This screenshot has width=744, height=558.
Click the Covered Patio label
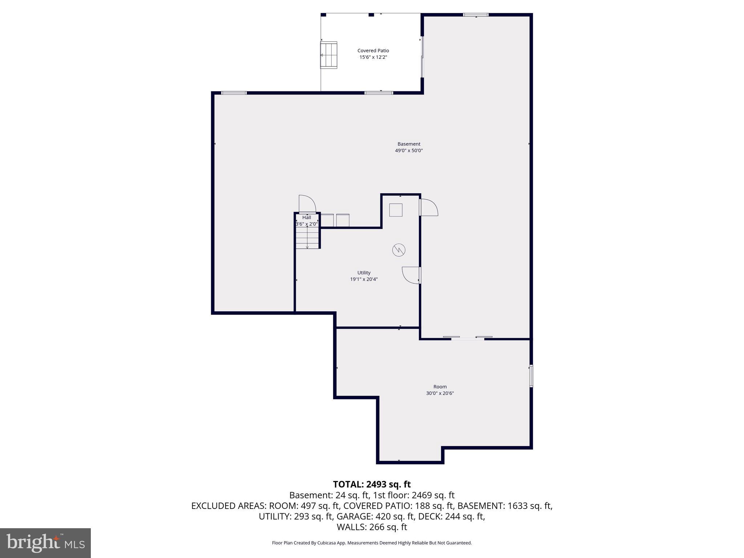coord(373,51)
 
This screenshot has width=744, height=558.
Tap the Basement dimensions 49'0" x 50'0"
coord(409,150)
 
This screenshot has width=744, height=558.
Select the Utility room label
coord(364,273)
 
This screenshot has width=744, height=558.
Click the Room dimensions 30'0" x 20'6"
coord(440,393)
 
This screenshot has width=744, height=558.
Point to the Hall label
coord(307,218)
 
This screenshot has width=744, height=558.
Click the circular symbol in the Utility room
coord(399,250)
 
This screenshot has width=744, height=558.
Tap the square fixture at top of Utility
coord(396,210)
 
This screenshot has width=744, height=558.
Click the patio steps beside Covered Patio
coord(328,55)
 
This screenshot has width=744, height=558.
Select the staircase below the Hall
coord(307,238)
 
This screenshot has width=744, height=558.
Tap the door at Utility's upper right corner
coord(429,207)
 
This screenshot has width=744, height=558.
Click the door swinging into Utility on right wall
coord(411,275)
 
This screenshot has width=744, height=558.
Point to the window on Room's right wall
coord(531,376)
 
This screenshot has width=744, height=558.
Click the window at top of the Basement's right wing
coord(476,15)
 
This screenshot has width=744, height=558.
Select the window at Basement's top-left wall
coord(234,93)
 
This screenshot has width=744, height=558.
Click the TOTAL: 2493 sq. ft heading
coord(372,484)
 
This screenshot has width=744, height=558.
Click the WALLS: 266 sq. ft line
coord(372,527)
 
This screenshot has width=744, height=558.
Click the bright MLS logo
coord(45,543)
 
